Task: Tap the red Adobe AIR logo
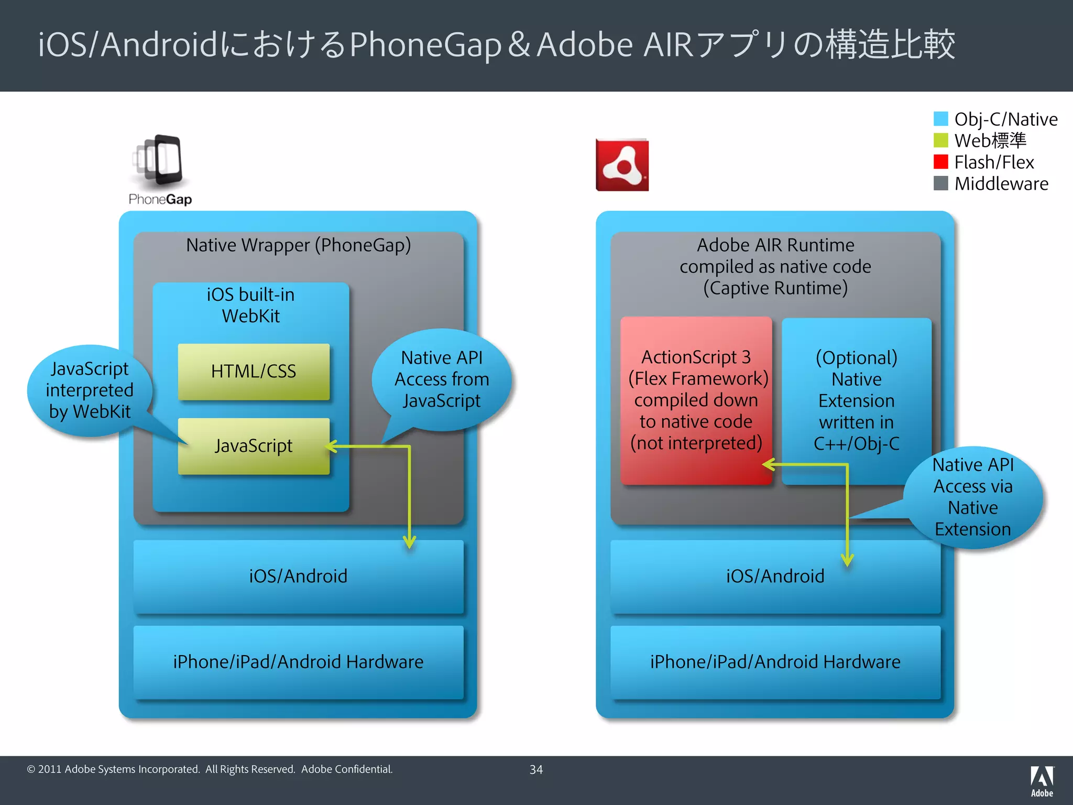tap(622, 165)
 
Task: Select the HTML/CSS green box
tap(254, 372)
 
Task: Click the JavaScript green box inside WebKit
tap(254, 446)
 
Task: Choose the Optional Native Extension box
tap(856, 400)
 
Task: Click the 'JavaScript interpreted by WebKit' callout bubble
tap(90, 390)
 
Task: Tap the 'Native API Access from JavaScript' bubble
tap(442, 379)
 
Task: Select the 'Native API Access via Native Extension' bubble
tap(973, 497)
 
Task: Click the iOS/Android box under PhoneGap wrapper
tap(298, 576)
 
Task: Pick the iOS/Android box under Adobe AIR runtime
tap(775, 576)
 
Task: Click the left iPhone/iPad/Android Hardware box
tap(298, 662)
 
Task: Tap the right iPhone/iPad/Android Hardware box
tap(775, 662)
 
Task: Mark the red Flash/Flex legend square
tap(940, 162)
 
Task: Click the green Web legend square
tap(940, 140)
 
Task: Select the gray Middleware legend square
tap(940, 183)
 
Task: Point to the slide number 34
tap(536, 769)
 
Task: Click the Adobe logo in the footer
tap(1042, 781)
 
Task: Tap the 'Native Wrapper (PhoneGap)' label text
tap(298, 245)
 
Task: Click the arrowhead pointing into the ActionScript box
tap(768, 464)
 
